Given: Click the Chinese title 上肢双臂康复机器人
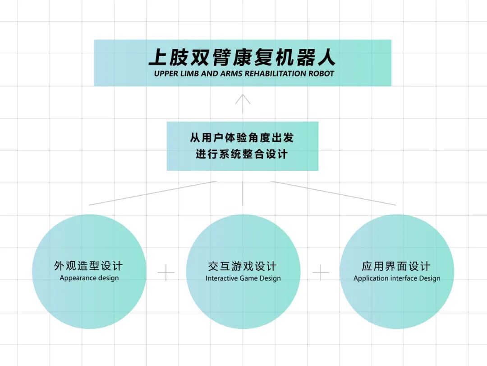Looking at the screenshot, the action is coord(242,58).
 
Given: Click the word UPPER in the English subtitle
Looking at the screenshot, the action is coord(166,74).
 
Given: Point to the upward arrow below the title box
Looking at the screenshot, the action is coord(243,103).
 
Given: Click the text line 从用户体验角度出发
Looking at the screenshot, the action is coord(242,137).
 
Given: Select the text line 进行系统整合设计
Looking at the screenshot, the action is coord(242,154).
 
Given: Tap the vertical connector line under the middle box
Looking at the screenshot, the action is coord(243,193).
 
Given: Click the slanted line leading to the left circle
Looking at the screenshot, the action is coord(153,193).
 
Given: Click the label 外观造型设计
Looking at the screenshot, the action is coord(89,266).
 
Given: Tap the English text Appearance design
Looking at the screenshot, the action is coord(89,278).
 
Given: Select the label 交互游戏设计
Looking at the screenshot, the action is coord(243,266).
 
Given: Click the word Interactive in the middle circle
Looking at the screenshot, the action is coord(221,278).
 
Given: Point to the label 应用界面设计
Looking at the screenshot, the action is coord(396,266).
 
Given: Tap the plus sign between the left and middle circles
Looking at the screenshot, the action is coord(166,273).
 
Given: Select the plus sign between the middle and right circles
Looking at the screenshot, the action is coord(321,273).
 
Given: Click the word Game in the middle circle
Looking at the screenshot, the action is coord(248,278).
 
